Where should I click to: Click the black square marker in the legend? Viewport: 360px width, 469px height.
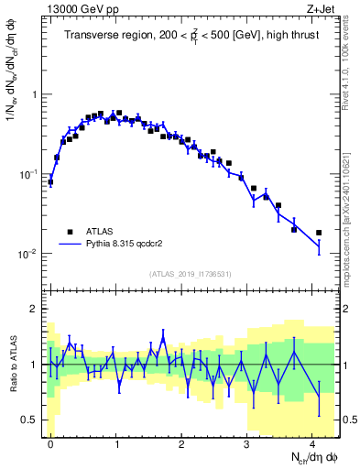pos(71,233)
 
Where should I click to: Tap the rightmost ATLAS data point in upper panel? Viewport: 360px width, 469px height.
pos(319,233)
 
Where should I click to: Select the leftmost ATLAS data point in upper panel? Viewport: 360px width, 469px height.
pos(50,182)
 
